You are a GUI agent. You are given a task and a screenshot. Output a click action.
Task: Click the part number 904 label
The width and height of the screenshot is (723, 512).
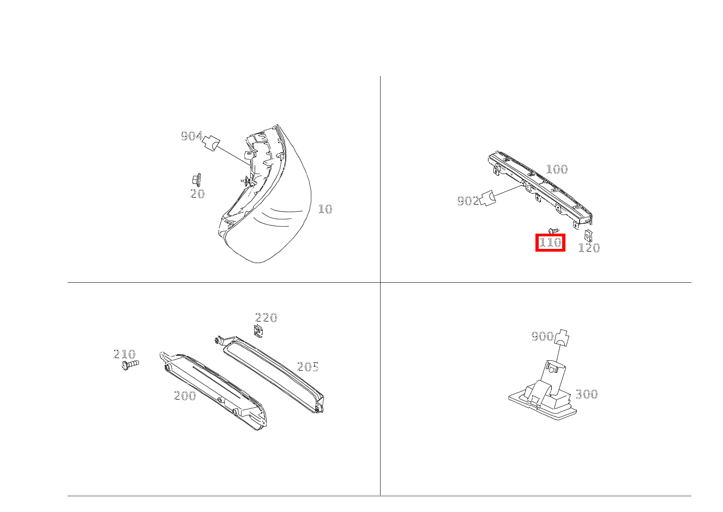click(x=191, y=136)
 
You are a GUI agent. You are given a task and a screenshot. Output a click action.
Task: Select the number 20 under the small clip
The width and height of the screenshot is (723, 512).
click(x=197, y=194)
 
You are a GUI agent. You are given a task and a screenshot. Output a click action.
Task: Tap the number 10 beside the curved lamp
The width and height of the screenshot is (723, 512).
click(x=325, y=209)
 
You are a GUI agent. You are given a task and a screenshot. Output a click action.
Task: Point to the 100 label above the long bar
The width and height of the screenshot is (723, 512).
click(x=557, y=169)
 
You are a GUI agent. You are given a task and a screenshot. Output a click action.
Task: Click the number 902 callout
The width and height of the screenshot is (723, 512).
click(x=468, y=201)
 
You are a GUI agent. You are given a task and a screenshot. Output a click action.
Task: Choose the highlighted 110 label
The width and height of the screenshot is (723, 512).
click(x=550, y=242)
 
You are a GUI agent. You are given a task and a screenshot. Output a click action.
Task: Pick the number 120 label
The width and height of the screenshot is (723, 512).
click(x=589, y=248)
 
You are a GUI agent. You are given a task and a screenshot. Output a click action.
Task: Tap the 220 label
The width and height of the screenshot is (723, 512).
click(x=266, y=318)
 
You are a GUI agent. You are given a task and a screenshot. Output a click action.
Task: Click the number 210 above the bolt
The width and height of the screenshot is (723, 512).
click(x=124, y=354)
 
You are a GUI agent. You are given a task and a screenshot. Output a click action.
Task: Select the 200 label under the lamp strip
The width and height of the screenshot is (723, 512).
click(x=185, y=396)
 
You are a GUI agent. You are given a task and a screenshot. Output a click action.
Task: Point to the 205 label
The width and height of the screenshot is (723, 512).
click(x=308, y=367)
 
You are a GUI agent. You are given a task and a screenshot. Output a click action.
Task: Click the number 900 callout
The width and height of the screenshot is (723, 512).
click(x=542, y=336)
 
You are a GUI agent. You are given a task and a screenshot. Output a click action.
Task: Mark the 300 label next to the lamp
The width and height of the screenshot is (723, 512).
click(x=587, y=394)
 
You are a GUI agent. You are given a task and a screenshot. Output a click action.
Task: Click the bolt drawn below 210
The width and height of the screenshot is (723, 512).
click(x=130, y=364)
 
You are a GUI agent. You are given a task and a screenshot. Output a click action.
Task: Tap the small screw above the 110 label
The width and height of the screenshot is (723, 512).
click(x=553, y=230)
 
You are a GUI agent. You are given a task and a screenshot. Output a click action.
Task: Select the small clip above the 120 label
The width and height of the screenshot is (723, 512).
click(x=589, y=235)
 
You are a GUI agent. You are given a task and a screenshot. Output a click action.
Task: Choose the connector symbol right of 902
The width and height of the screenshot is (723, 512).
click(x=487, y=198)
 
